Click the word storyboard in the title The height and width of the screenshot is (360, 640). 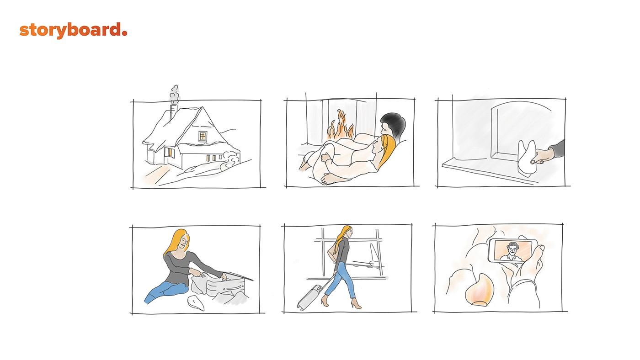pos(70,31)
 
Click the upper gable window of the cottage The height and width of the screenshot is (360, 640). pos(203,136)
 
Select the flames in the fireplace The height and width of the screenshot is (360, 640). pos(340,126)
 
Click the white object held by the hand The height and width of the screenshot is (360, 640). pos(527,158)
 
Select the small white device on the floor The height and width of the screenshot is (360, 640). pos(196,303)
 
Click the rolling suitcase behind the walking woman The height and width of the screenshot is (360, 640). pos(311,297)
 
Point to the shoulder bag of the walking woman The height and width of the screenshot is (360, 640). pos(333,251)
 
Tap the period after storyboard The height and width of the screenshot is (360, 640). pos(124,33)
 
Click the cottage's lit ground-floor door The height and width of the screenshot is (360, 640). pos(170,153)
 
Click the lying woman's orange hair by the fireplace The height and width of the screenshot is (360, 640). pos(388,149)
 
